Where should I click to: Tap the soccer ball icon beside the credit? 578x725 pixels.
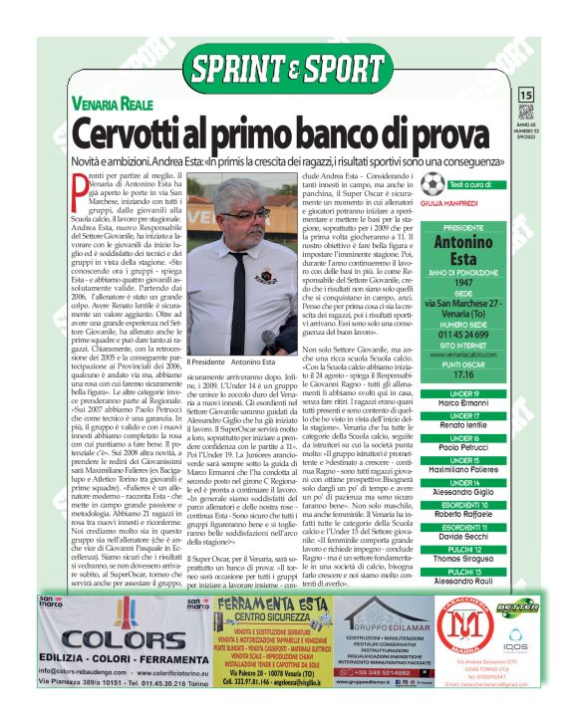point(432,185)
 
